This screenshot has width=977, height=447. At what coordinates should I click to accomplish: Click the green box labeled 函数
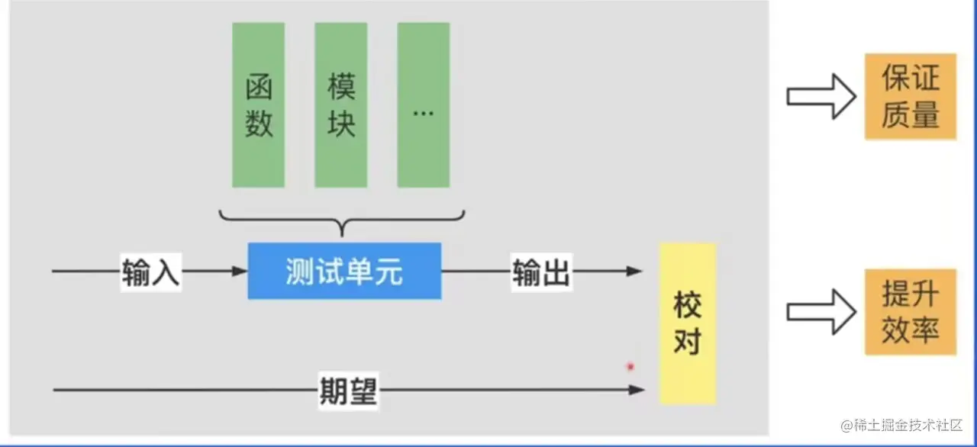coord(259,105)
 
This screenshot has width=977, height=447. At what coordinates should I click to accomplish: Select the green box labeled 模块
coord(341,105)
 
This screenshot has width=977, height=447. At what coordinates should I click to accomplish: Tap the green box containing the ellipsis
coord(424,105)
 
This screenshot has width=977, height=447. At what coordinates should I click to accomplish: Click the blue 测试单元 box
coord(344,271)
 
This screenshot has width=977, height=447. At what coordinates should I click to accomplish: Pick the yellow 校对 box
coord(687,323)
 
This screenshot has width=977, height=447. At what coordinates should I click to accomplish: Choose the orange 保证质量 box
coord(910,97)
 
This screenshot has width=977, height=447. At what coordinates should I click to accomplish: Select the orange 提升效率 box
coord(910,312)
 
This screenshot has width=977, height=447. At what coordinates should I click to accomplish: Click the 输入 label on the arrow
coord(151,272)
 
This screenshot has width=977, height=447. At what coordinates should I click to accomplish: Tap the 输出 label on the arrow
coord(541,272)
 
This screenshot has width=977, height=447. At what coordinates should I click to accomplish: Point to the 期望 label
coord(347,391)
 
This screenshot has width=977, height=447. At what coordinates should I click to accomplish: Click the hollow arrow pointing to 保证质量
coord(820,96)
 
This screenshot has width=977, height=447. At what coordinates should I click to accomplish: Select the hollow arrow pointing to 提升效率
coord(820,312)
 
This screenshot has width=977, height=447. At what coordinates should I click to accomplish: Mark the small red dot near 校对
coord(630,367)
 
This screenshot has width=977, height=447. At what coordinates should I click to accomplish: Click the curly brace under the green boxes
coord(343,222)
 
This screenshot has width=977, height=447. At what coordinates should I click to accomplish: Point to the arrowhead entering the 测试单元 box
coord(240,271)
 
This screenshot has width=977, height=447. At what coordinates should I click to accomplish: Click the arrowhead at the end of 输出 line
coord(634,271)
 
